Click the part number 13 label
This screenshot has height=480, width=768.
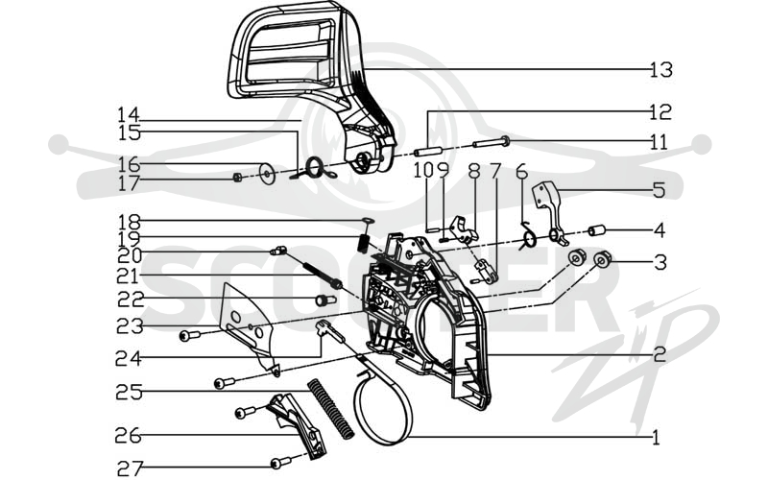point(661,70)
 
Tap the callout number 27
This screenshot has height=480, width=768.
point(130,468)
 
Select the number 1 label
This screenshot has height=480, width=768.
point(656,437)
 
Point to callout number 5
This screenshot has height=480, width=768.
point(660,190)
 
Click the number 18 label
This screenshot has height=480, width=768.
point(129,223)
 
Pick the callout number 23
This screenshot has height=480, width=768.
point(130,325)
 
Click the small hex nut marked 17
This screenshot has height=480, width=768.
point(236,178)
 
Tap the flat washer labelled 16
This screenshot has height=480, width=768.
point(268,174)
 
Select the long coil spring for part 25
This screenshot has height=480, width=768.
point(331,409)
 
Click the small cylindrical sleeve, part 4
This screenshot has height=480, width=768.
point(597,229)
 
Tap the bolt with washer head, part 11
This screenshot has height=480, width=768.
point(492,142)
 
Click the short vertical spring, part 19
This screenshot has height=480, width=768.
point(364,243)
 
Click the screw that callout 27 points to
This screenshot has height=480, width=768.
point(280,462)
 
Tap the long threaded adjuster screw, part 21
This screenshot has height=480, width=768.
point(322,276)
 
